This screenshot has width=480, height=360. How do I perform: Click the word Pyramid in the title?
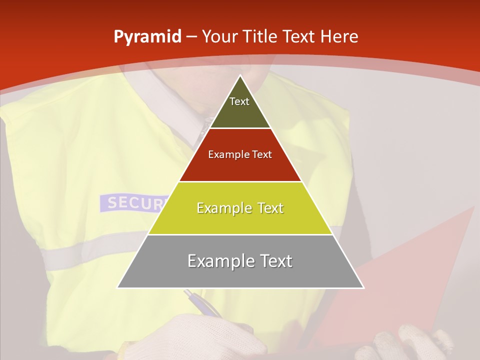pos(147,36)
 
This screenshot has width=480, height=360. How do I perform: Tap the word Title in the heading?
pos(259,36)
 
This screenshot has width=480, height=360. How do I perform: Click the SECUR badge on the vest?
pos(132,202)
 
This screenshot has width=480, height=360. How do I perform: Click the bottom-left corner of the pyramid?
pos(117,287)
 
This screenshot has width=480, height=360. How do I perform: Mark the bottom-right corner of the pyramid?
pos(363,287)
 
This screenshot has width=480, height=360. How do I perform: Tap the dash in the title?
pos(191,36)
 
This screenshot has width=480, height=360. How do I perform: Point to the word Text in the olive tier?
pos(239,101)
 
